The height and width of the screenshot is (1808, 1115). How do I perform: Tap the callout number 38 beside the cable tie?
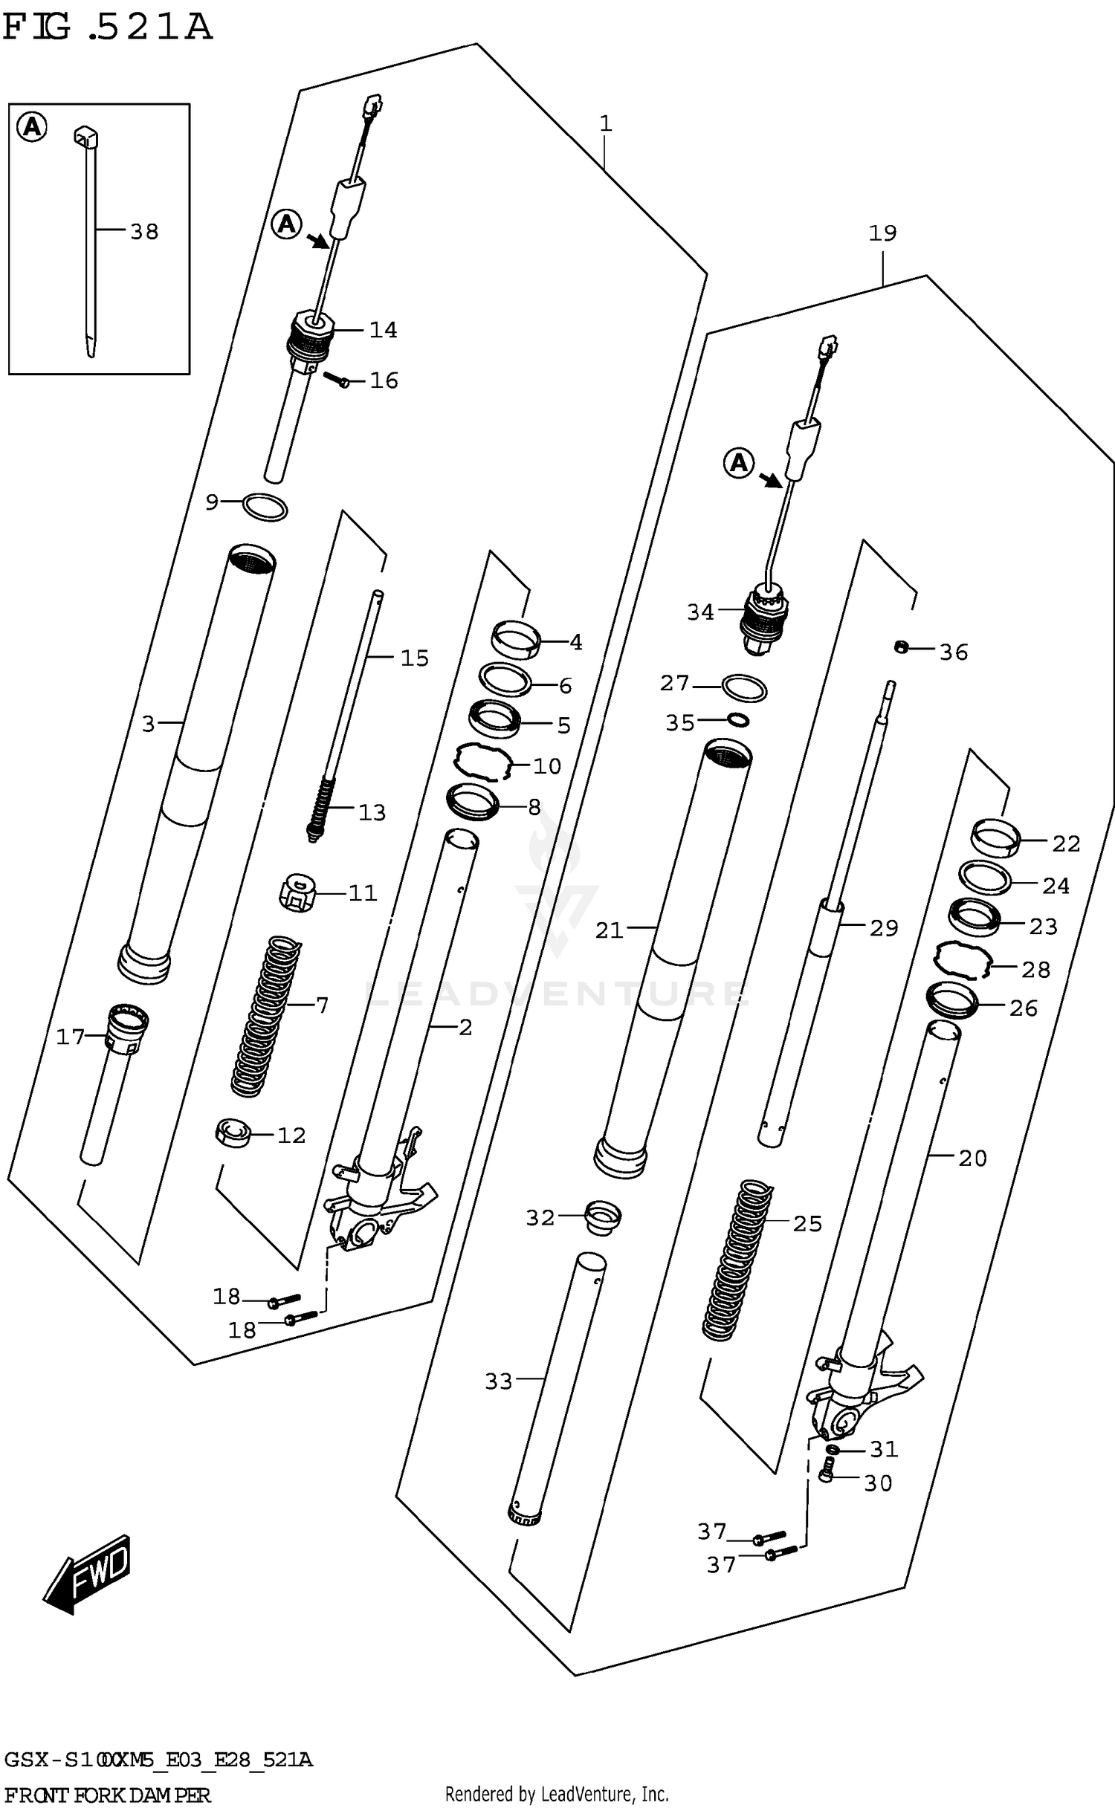[x=144, y=232]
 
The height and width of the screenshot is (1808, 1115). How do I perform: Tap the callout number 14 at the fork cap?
[x=383, y=329]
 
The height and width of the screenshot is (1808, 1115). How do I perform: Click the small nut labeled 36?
[x=900, y=648]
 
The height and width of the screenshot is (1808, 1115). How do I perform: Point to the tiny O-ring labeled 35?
[x=738, y=719]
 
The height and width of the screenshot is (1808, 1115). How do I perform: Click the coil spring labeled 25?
[x=739, y=1260]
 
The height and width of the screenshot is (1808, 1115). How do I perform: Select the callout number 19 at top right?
[x=882, y=233]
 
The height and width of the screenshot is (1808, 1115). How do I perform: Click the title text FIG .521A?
[x=108, y=27]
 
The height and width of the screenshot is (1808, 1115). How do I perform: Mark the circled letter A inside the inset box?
[x=32, y=128]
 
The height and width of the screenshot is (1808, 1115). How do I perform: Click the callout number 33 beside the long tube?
[x=499, y=1381]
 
